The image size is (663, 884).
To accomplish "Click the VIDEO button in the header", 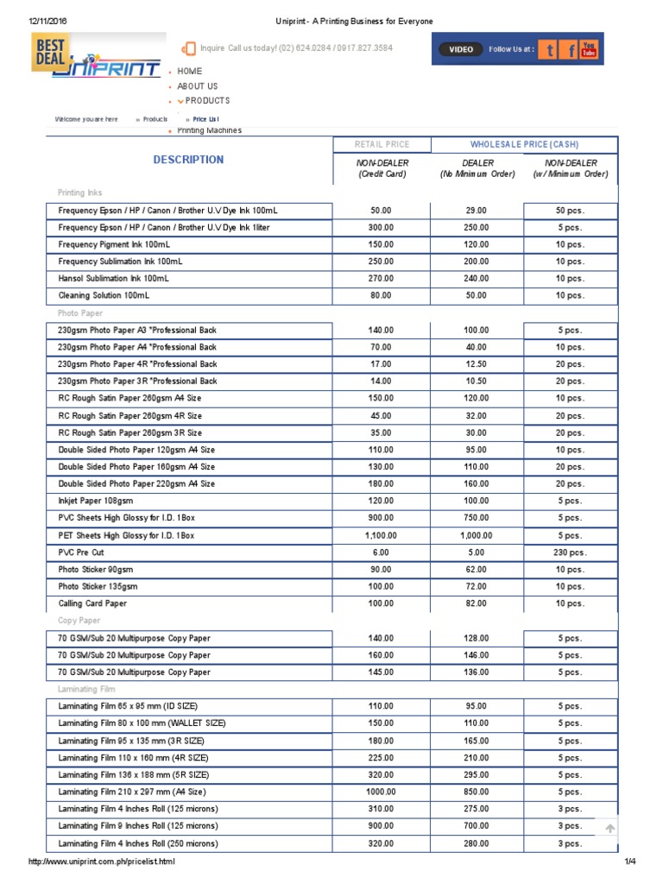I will pos(461,49).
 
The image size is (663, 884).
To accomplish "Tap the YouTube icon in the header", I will pos(589,49).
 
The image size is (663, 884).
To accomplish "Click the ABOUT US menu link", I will pos(197,86).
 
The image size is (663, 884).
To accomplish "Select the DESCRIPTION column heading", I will pos(188,160).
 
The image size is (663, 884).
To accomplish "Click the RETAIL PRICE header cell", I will pos(382,145).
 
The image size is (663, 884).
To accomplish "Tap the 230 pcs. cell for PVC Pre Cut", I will pos(570,552).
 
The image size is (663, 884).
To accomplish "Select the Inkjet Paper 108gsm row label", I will pos(95,501).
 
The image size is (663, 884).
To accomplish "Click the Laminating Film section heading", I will pos(86,690).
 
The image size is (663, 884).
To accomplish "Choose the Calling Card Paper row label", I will pos(92,603).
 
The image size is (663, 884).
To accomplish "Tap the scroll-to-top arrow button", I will pos(609,829).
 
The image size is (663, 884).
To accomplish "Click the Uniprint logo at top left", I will pos(97,58).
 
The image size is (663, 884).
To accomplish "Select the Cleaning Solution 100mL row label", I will pos(104,295).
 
